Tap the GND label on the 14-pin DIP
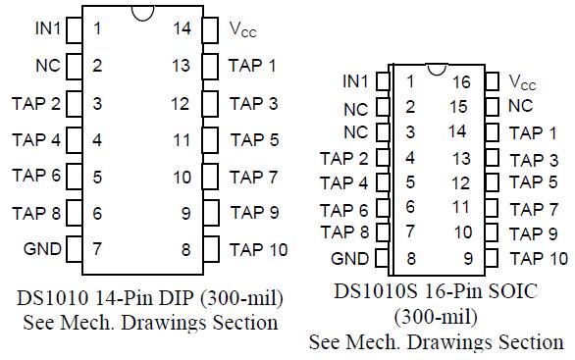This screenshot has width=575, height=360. pyautogui.click(x=42, y=247)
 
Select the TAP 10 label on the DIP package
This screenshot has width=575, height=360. pyautogui.click(x=259, y=248)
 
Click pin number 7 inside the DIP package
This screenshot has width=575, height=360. pyautogui.click(x=97, y=248)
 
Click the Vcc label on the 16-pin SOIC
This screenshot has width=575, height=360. pyautogui.click(x=523, y=81)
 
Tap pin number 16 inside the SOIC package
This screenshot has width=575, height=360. pyautogui.click(x=462, y=82)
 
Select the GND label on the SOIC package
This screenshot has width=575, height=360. pyautogui.click(x=350, y=259)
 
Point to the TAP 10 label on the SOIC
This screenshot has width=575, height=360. pyautogui.click(x=539, y=259)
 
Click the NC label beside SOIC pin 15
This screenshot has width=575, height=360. pyautogui.click(x=521, y=105)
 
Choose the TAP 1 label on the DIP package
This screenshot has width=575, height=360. pyautogui.click(x=253, y=65)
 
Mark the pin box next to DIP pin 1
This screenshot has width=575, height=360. pyautogui.click(x=72, y=28)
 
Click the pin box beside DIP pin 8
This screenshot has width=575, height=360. pyautogui.click(x=211, y=248)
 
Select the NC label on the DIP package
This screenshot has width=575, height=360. pyautogui.click(x=48, y=66)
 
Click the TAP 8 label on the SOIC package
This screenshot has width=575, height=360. pyautogui.click(x=343, y=232)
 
